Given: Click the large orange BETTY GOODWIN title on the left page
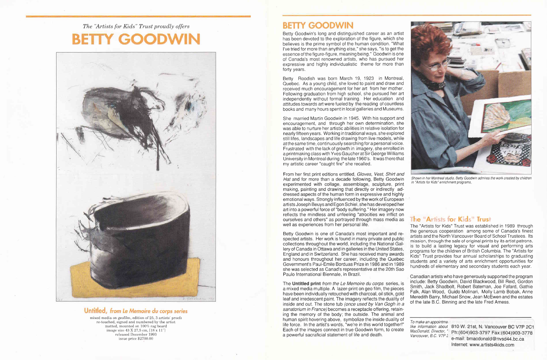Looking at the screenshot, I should [x=136, y=39].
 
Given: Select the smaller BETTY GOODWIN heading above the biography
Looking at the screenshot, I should [x=318, y=26].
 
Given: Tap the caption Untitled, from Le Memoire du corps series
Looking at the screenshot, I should [x=136, y=311].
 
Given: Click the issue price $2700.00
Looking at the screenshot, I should [x=136, y=339].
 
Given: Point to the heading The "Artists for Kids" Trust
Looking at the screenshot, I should [x=450, y=219].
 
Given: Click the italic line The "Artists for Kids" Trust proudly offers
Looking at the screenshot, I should [x=136, y=26].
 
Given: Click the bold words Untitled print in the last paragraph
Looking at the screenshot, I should [x=306, y=284].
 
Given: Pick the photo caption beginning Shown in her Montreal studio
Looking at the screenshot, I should [x=471, y=180].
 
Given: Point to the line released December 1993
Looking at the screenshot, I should [x=136, y=334].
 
